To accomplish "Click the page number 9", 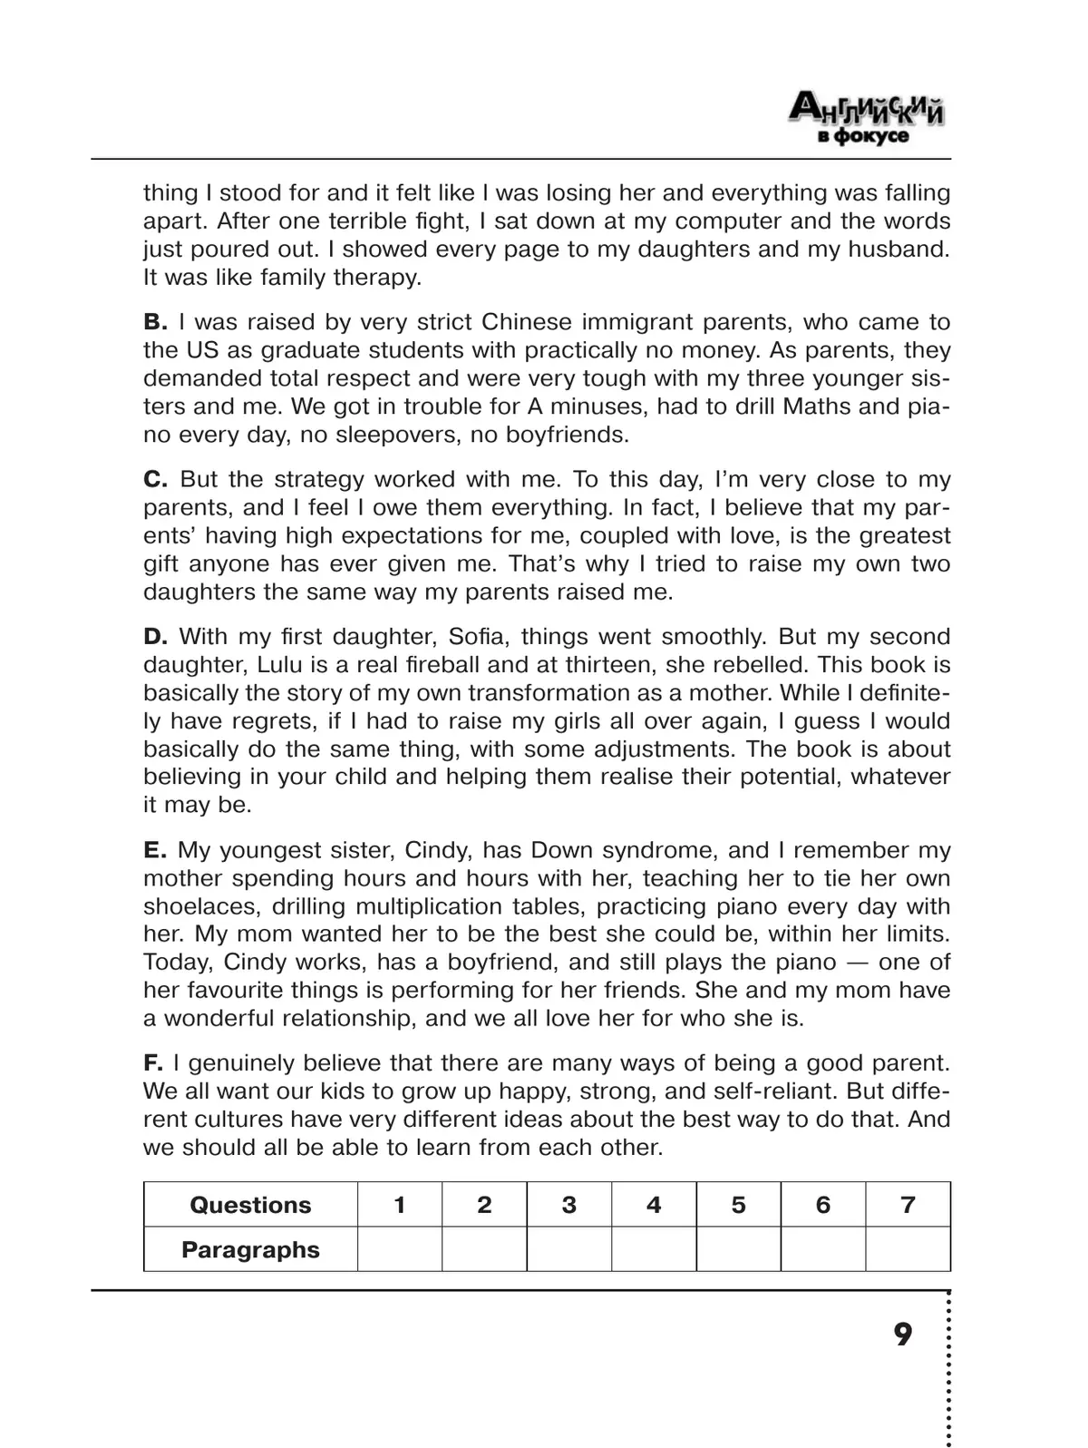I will (903, 1335).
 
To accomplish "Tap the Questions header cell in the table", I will (250, 1205).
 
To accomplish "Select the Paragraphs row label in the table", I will (250, 1249).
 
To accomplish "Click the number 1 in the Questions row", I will (399, 1205).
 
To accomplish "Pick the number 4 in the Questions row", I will (654, 1205).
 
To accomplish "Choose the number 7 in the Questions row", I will (908, 1205).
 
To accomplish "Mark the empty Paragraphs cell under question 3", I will (568, 1249).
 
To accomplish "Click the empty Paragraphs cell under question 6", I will (822, 1249).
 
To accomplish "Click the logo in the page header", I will (867, 118).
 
